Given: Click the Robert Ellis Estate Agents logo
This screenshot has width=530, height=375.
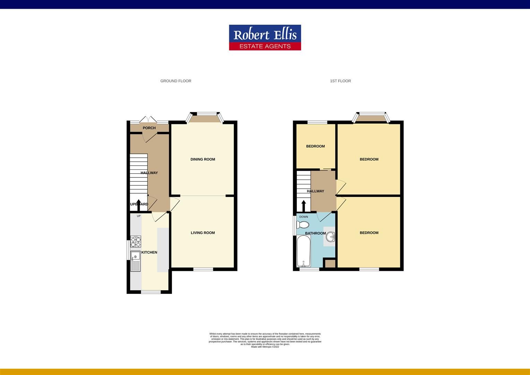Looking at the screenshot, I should pyautogui.click(x=265, y=37).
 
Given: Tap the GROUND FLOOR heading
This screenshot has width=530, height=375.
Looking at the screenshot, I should pyautogui.click(x=176, y=81).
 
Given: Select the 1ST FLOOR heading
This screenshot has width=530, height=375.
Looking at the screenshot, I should pyautogui.click(x=340, y=81).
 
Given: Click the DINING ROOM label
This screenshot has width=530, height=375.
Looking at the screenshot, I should pyautogui.click(x=203, y=159).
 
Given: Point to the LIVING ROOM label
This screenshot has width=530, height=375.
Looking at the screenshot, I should pyautogui.click(x=203, y=233).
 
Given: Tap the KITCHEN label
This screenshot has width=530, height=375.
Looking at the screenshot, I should pyautogui.click(x=149, y=252).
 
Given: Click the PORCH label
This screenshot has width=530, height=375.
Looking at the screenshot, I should pyautogui.click(x=149, y=128).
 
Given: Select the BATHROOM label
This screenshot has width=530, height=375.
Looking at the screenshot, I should pyautogui.click(x=315, y=233).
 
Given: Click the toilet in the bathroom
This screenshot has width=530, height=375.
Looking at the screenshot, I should pyautogui.click(x=302, y=225).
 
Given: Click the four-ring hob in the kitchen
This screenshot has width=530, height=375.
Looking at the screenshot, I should pyautogui.click(x=136, y=241).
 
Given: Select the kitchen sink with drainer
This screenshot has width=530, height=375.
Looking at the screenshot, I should pyautogui.click(x=136, y=261).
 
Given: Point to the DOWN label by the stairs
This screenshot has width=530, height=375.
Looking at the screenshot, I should pyautogui.click(x=304, y=217).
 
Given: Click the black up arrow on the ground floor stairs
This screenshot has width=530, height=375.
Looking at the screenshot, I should pyautogui.click(x=138, y=205).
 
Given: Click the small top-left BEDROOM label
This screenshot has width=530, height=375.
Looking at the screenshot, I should pyautogui.click(x=315, y=146).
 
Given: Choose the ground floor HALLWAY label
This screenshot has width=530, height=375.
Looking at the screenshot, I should pyautogui.click(x=149, y=173).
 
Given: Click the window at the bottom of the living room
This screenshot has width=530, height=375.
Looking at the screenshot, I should pyautogui.click(x=203, y=269).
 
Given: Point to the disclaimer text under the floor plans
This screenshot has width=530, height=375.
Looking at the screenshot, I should pyautogui.click(x=265, y=339).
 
